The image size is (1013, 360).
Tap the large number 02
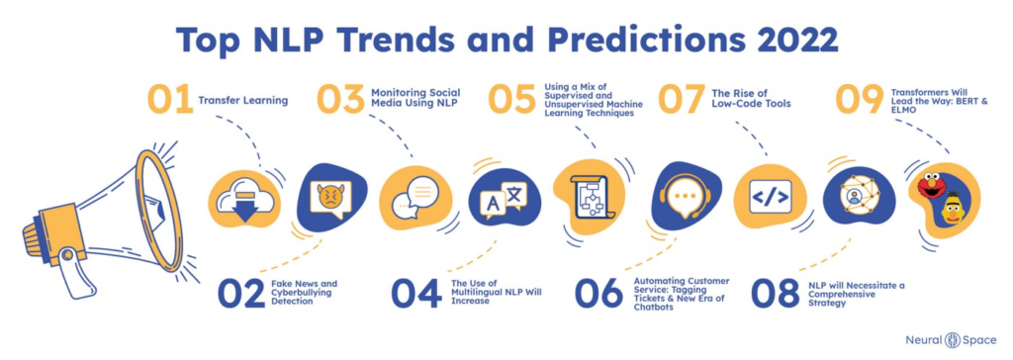241,294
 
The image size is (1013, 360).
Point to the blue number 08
775,294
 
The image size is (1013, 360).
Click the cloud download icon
244,198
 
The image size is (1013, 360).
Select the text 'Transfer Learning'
243,102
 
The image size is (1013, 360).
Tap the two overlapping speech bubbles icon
411,196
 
